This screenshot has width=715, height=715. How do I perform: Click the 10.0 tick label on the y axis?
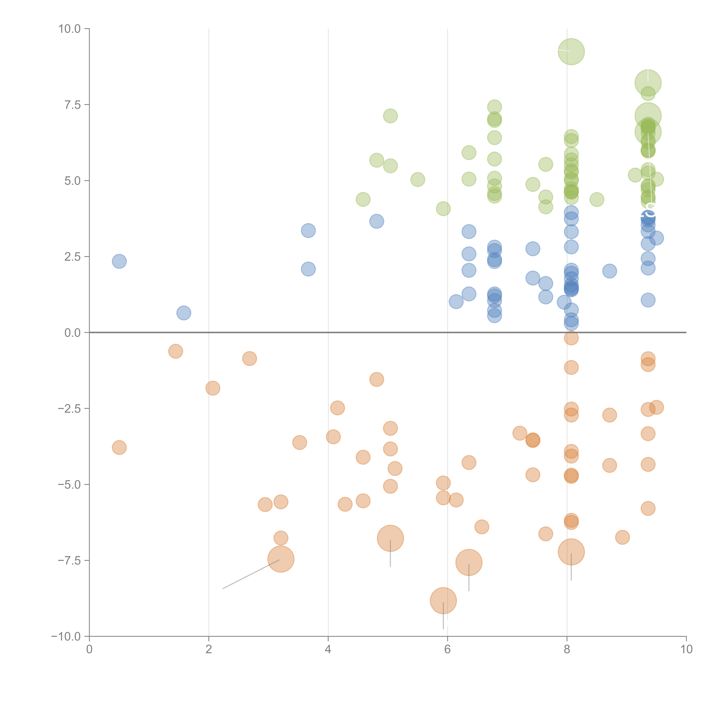(x=70, y=29)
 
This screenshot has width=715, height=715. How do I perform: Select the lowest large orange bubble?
(x=443, y=601)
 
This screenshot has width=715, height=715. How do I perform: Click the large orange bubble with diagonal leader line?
(x=281, y=559)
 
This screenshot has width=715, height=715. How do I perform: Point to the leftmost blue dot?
(x=119, y=261)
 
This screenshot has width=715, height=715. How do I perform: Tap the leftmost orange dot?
(x=119, y=447)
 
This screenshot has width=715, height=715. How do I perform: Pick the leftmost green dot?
(x=363, y=199)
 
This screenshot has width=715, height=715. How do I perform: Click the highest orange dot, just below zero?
(x=571, y=338)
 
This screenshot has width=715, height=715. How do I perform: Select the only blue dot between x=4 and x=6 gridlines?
(x=376, y=221)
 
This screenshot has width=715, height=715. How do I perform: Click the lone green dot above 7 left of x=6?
(x=390, y=116)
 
